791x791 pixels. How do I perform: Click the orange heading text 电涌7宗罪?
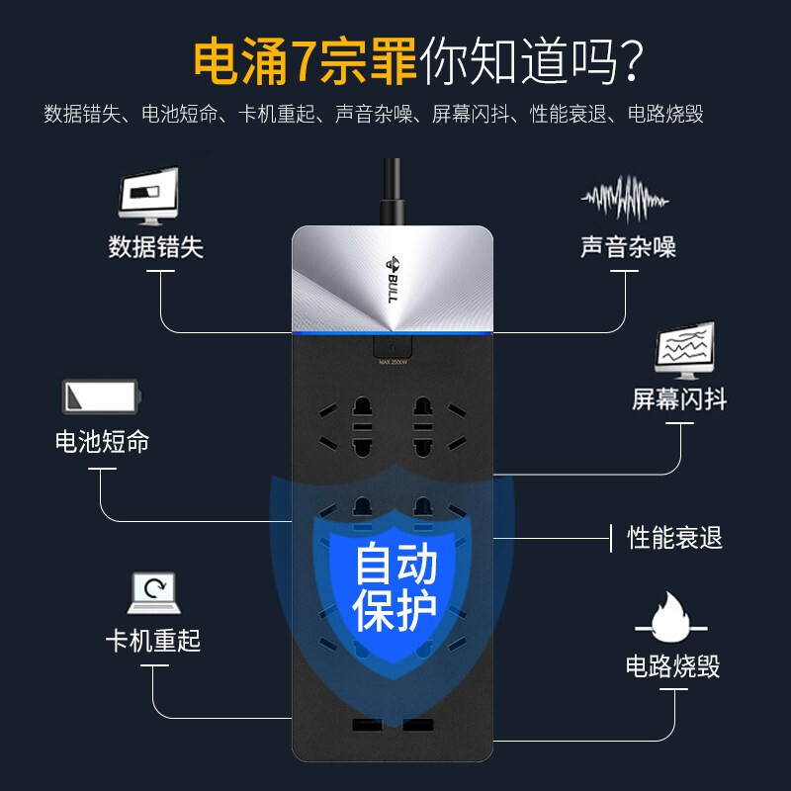(305, 61)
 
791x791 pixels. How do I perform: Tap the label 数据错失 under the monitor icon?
(155, 247)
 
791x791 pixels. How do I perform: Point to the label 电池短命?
(102, 441)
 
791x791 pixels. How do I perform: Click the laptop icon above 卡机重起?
(153, 592)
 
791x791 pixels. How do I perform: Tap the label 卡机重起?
(153, 640)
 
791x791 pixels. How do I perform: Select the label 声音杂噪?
(628, 247)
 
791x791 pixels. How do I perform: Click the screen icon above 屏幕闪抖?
(684, 352)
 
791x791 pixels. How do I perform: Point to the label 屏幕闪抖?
(679, 398)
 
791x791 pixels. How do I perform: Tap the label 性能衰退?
(675, 538)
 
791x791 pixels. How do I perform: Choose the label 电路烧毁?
(672, 665)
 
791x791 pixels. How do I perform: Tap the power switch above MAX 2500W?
(393, 345)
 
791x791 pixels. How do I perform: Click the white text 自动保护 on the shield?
(395, 588)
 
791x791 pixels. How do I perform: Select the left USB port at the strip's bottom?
(367, 727)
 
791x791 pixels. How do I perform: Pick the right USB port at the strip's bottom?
(417, 727)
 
